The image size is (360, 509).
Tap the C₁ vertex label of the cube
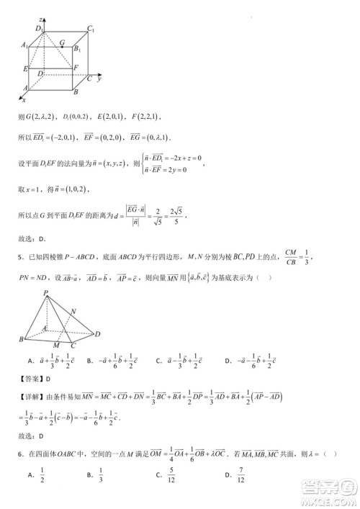[x=91, y=28]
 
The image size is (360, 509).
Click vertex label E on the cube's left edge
[x=25, y=68]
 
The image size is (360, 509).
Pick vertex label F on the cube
[x=76, y=67]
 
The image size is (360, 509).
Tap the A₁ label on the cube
[x=24, y=45]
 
